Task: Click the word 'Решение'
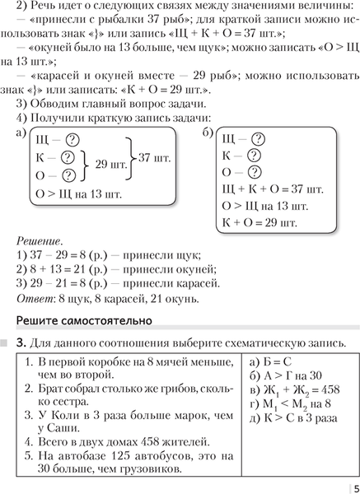click(38, 241)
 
